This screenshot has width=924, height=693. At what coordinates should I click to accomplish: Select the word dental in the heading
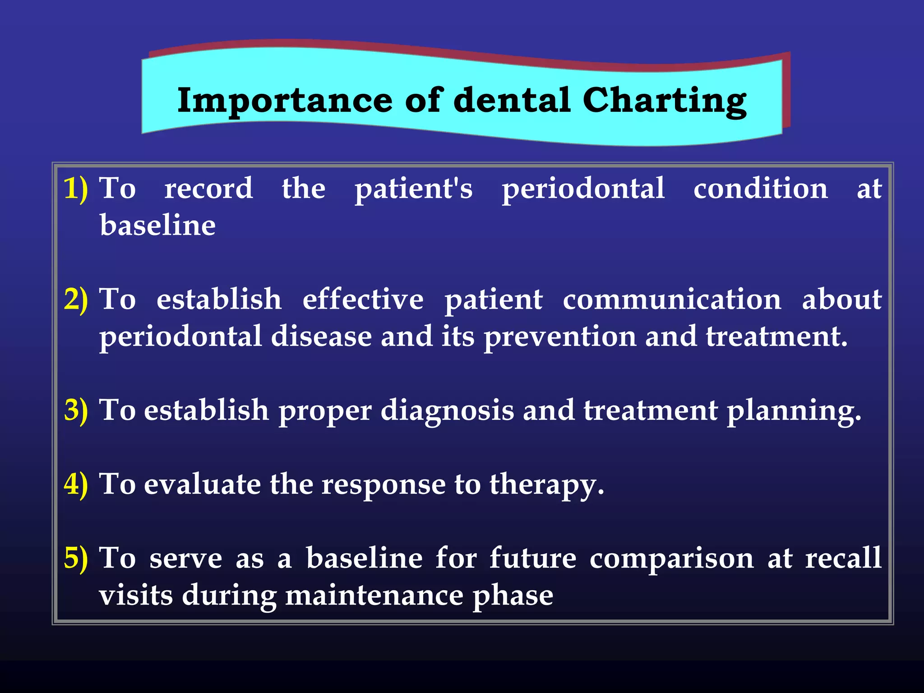point(512,100)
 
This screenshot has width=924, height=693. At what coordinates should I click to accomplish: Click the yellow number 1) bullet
point(75,189)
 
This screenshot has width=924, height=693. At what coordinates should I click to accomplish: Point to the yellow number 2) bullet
point(75,300)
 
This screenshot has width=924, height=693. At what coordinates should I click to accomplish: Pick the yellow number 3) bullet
point(75,411)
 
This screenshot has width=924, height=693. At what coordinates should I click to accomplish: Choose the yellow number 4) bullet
point(75,485)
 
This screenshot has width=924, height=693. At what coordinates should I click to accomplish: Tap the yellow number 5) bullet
point(75,559)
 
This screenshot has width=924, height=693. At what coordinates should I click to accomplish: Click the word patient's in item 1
point(413,189)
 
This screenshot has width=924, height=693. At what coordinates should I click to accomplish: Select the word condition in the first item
point(761,189)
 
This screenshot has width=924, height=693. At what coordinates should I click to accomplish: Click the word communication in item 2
point(672,300)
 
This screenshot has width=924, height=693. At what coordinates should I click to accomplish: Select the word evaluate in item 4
point(202,485)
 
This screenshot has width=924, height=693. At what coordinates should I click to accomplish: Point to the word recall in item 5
point(843,559)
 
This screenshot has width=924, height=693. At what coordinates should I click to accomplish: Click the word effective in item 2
point(363,300)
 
